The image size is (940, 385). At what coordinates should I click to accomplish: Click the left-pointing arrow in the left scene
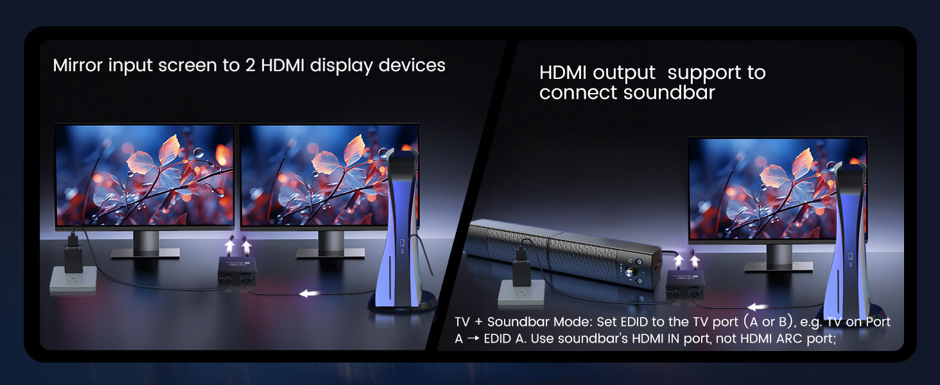coord(310,294)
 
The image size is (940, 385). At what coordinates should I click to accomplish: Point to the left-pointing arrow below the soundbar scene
coord(759,307)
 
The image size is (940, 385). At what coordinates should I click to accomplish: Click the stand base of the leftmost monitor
coord(145,253)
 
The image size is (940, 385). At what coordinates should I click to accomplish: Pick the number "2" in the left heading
coord(250,65)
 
